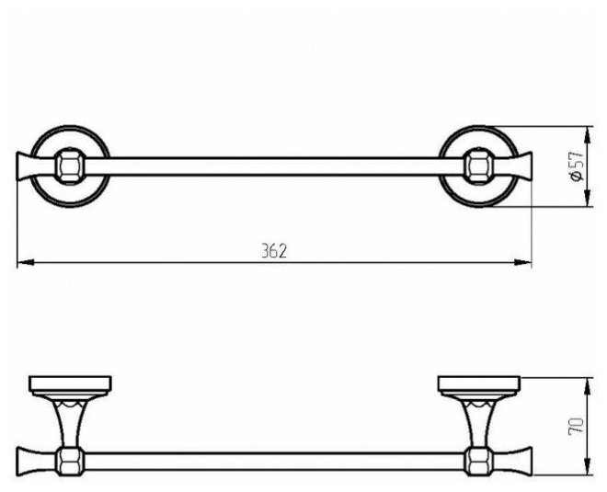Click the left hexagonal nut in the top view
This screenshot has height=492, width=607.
click(64, 166)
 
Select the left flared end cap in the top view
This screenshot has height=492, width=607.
click(29, 166)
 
